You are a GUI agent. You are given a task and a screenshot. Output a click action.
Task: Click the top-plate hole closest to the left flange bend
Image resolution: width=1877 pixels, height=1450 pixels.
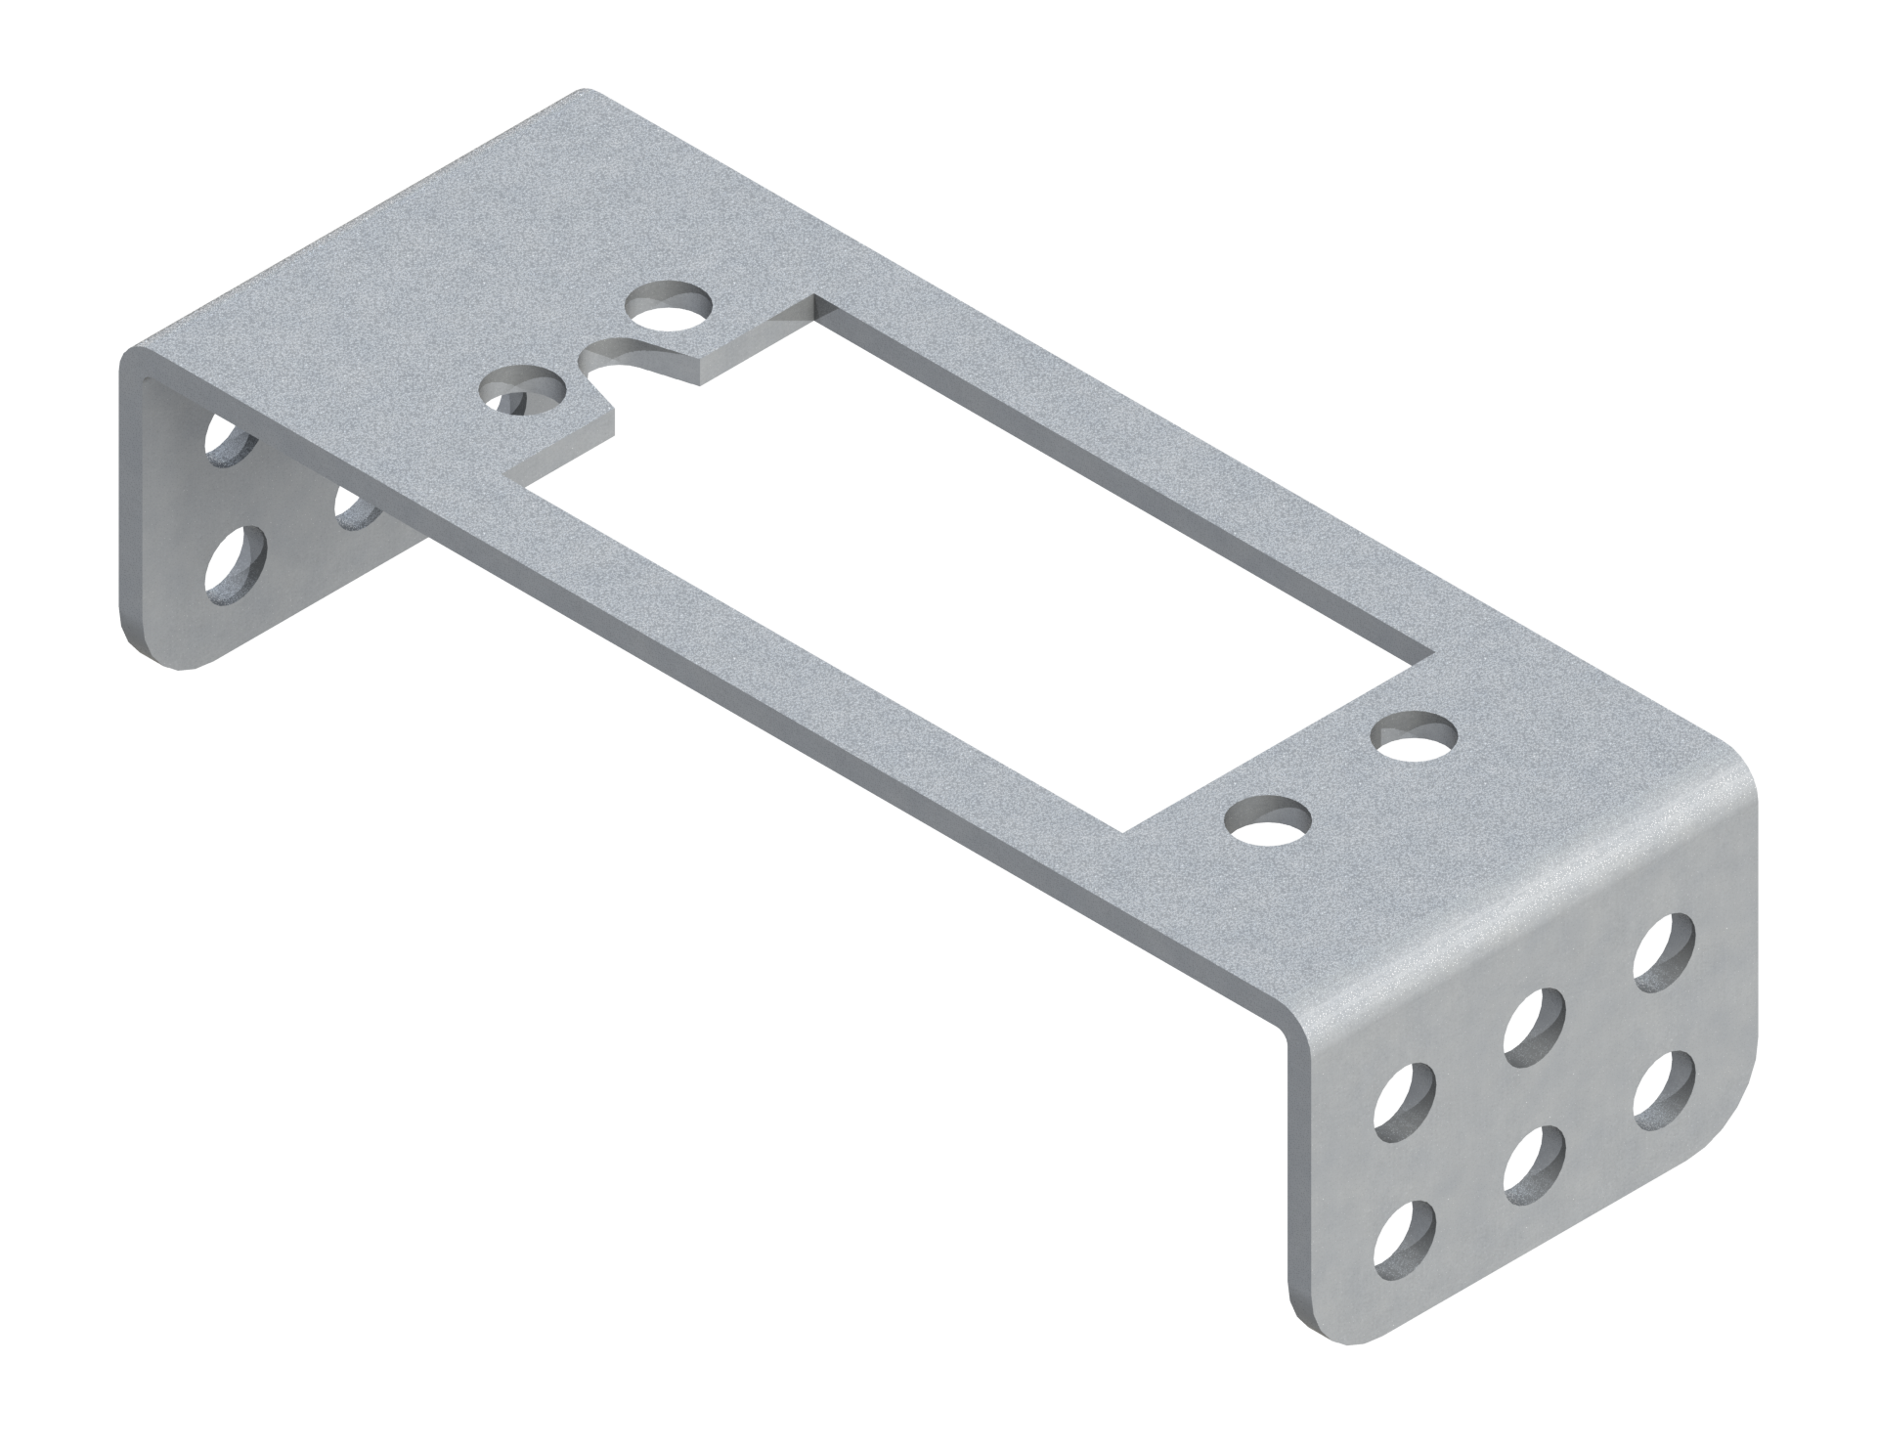pyautogui.click(x=524, y=391)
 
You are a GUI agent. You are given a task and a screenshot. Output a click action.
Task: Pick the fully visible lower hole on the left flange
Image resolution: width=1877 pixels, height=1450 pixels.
pyautogui.click(x=236, y=561)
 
